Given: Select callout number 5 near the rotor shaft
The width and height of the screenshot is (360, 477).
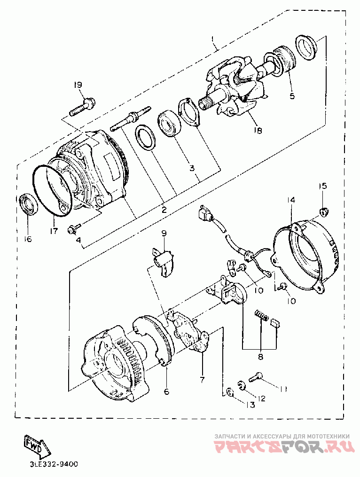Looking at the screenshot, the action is (292, 96).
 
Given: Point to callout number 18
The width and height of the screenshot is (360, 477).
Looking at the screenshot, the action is (258, 131).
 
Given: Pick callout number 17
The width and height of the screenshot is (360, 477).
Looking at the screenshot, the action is (54, 231).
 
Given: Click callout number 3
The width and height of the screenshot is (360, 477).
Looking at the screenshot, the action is (192, 168).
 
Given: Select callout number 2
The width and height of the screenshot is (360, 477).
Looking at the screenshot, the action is (164, 210).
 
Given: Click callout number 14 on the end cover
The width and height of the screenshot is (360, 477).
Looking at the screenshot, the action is (291, 200).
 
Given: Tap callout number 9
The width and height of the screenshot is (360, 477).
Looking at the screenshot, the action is (164, 233).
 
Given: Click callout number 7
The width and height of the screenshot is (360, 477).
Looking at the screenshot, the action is (202, 379).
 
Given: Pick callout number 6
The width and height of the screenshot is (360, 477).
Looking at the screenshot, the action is (166, 391).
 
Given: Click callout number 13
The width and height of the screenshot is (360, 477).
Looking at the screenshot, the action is (250, 406).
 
